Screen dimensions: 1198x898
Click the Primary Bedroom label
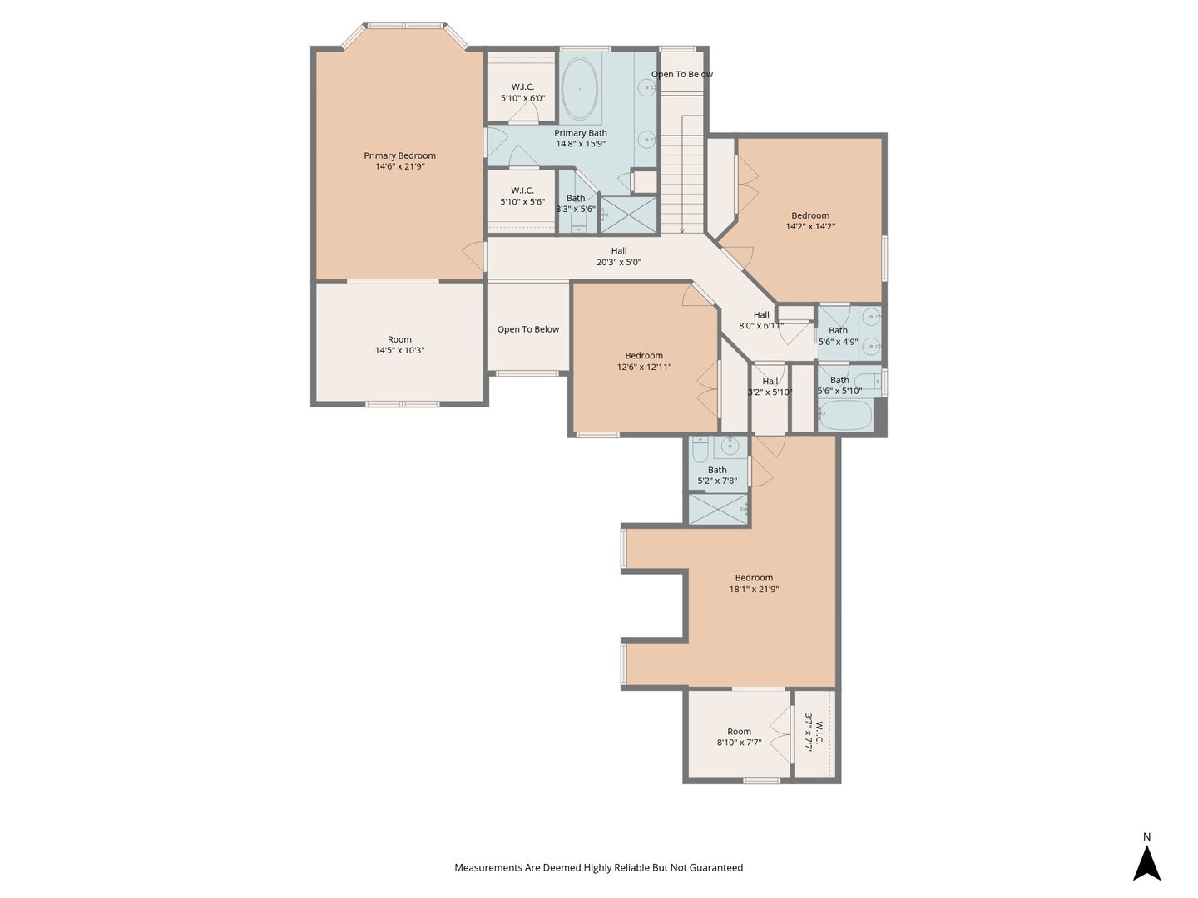pyautogui.click(x=399, y=160)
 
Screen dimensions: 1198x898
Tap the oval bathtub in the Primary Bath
pyautogui.click(x=579, y=88)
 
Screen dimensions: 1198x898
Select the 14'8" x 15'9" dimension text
pyautogui.click(x=581, y=144)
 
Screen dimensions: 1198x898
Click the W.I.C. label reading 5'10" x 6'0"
pyautogui.click(x=522, y=92)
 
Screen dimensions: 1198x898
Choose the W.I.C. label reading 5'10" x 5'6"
pyautogui.click(x=522, y=196)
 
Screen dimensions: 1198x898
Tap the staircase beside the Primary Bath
pyautogui.click(x=682, y=174)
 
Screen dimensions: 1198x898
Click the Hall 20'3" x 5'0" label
pyautogui.click(x=618, y=256)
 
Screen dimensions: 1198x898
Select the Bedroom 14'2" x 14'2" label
pyautogui.click(x=810, y=221)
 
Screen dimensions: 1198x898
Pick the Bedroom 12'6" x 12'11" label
pyautogui.click(x=644, y=361)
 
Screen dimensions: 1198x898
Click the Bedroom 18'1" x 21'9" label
pyautogui.click(x=754, y=583)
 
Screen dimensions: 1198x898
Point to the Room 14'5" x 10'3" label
pyautogui.click(x=399, y=344)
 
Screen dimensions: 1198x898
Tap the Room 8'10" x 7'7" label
pyautogui.click(x=739, y=737)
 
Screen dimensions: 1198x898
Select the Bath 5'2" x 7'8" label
pyautogui.click(x=717, y=476)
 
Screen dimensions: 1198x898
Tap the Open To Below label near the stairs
pyautogui.click(x=681, y=74)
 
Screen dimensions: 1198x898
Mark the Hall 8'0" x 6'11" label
pyautogui.click(x=761, y=320)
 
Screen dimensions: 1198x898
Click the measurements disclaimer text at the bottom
pyautogui.click(x=599, y=867)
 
